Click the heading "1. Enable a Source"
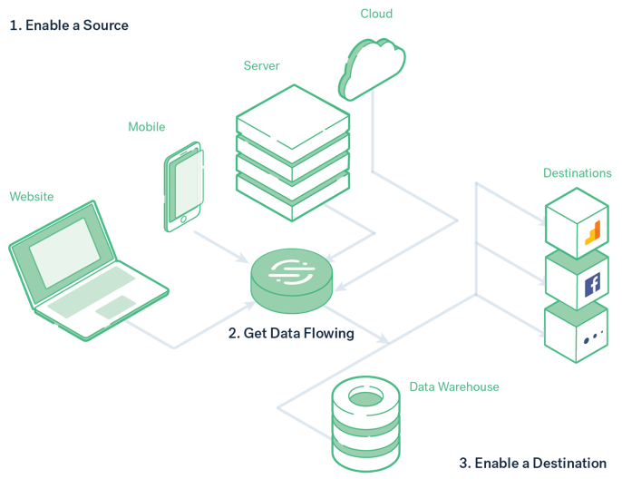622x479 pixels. [x=69, y=25]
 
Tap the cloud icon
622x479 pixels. [x=371, y=67]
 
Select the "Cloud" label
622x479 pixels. [x=377, y=15]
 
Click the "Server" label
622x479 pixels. [x=261, y=66]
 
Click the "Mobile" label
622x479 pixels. [x=147, y=127]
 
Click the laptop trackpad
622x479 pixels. [x=112, y=308]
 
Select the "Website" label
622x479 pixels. [x=32, y=196]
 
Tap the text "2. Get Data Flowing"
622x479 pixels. [x=291, y=334]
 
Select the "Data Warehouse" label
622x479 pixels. [x=454, y=386]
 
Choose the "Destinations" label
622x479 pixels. [x=577, y=172]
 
